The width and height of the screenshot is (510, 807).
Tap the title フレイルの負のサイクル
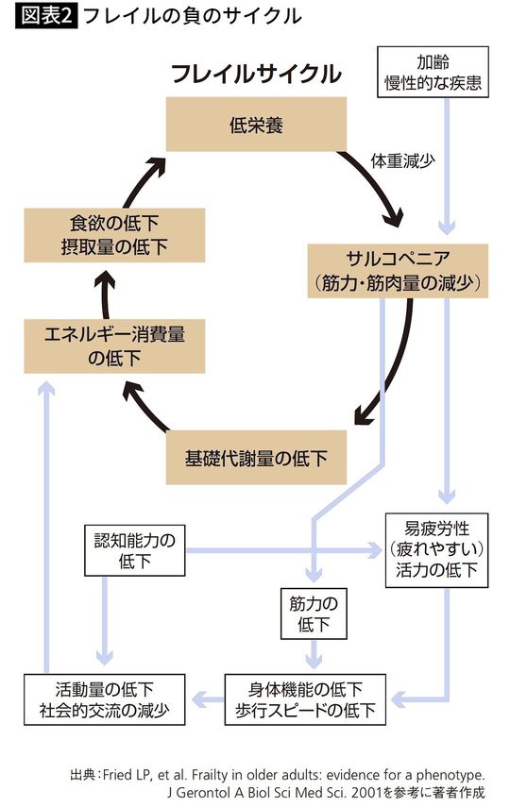click(193, 16)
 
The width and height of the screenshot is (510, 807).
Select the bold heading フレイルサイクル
click(255, 74)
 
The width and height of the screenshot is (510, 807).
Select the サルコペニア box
click(398, 270)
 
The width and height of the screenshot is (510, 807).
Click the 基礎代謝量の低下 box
click(256, 458)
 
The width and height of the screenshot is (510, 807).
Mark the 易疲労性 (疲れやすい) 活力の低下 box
click(437, 548)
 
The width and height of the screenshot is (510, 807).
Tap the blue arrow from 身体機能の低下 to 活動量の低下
click(207, 699)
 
